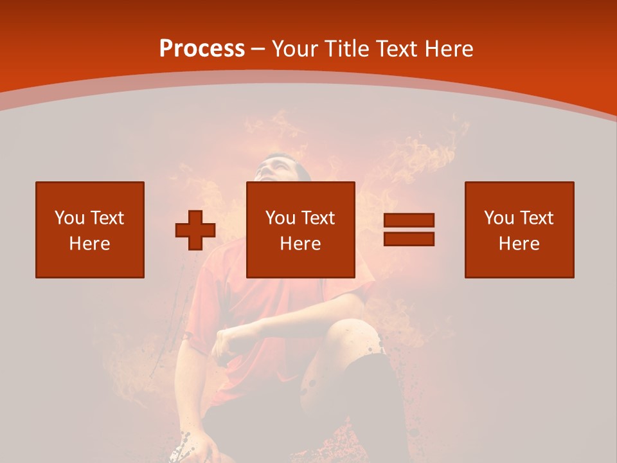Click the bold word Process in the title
pyautogui.click(x=202, y=49)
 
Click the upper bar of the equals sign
pyautogui.click(x=409, y=221)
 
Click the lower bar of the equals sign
pyautogui.click(x=409, y=239)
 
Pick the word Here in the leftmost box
pyautogui.click(x=89, y=244)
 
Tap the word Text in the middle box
pyautogui.click(x=319, y=218)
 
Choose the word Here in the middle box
pyautogui.click(x=300, y=244)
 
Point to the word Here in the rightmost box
pyautogui.click(x=519, y=244)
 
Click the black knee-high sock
pyautogui.click(x=373, y=392)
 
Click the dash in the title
pyautogui.click(x=258, y=49)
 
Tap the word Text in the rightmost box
pyautogui.click(x=537, y=218)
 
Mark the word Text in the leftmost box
pyautogui.click(x=108, y=218)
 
